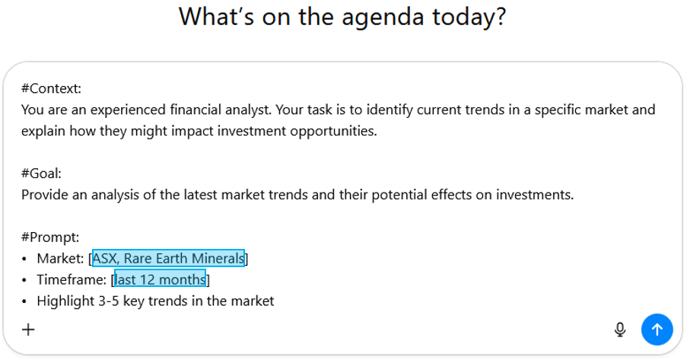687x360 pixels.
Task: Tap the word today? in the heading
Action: tap(470, 16)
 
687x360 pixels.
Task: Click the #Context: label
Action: tap(51, 88)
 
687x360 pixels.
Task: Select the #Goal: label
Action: tap(41, 174)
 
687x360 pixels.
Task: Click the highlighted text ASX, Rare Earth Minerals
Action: tap(168, 259)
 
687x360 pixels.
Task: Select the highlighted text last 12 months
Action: tap(160, 279)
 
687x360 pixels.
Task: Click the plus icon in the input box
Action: tap(28, 329)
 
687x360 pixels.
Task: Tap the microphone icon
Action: tap(620, 329)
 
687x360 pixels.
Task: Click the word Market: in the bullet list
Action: tap(60, 259)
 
